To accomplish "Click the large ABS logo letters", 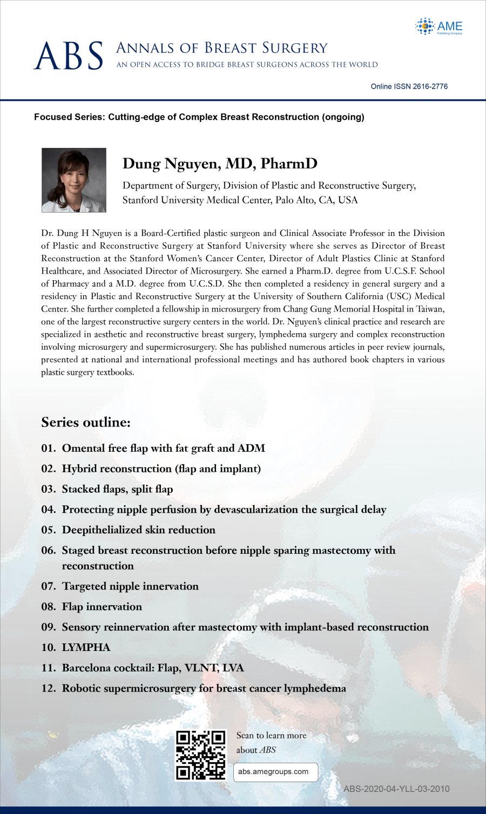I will pos(68,56).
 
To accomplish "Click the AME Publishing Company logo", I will pos(439,26).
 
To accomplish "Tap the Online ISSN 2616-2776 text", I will pos(409,86).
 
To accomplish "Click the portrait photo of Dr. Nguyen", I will pos(74,180).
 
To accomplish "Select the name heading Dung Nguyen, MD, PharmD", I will pos(220,164).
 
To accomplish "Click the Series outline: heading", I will pos(86,422).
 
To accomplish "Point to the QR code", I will pos(201,755).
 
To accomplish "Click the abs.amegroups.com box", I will pos(275,772).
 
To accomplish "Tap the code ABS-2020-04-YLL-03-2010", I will pos(396,789).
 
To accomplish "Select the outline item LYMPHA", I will pos(86,647).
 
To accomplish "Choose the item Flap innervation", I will pos(102,607).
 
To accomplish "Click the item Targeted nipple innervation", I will pos(130,586).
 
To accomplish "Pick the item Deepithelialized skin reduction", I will pos(138,530).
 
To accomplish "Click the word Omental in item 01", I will pos(83,448).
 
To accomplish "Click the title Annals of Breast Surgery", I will pos(221,49).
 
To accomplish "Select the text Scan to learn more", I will pos(271,735).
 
